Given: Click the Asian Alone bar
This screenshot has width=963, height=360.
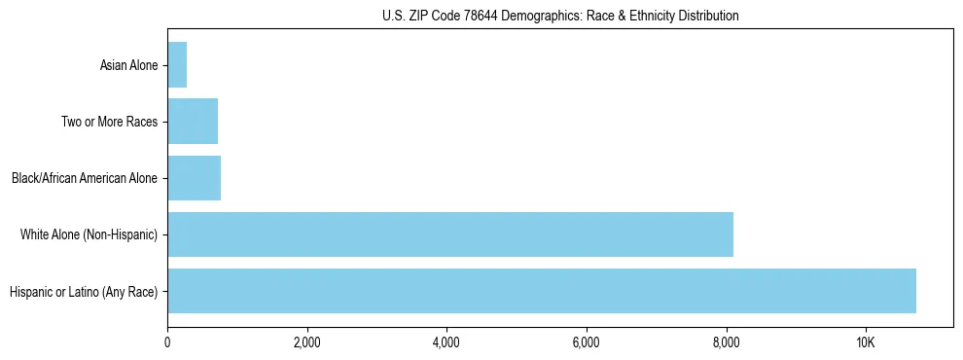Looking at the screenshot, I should (177, 65).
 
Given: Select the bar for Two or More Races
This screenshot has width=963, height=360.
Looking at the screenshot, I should (193, 122).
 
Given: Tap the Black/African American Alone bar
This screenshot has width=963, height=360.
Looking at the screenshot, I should (195, 178).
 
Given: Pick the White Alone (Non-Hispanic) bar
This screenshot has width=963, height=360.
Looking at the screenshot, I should (450, 234).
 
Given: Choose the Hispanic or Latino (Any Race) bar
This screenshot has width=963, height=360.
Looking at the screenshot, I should (542, 291).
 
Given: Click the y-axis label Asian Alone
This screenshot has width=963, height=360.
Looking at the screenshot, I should (128, 66).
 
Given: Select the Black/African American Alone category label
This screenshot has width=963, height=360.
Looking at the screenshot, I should (85, 179).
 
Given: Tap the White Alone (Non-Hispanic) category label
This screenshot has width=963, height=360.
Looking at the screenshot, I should (89, 235).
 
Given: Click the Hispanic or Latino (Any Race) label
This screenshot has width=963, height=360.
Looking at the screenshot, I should (83, 292).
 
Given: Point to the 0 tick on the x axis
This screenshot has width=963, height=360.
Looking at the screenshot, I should (167, 343).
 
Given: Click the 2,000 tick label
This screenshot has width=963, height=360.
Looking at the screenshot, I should (307, 343).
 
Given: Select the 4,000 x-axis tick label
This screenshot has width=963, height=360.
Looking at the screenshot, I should (446, 343).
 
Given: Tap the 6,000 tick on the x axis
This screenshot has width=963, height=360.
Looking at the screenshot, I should (587, 343).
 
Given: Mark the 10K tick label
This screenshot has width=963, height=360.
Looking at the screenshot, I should (866, 343).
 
